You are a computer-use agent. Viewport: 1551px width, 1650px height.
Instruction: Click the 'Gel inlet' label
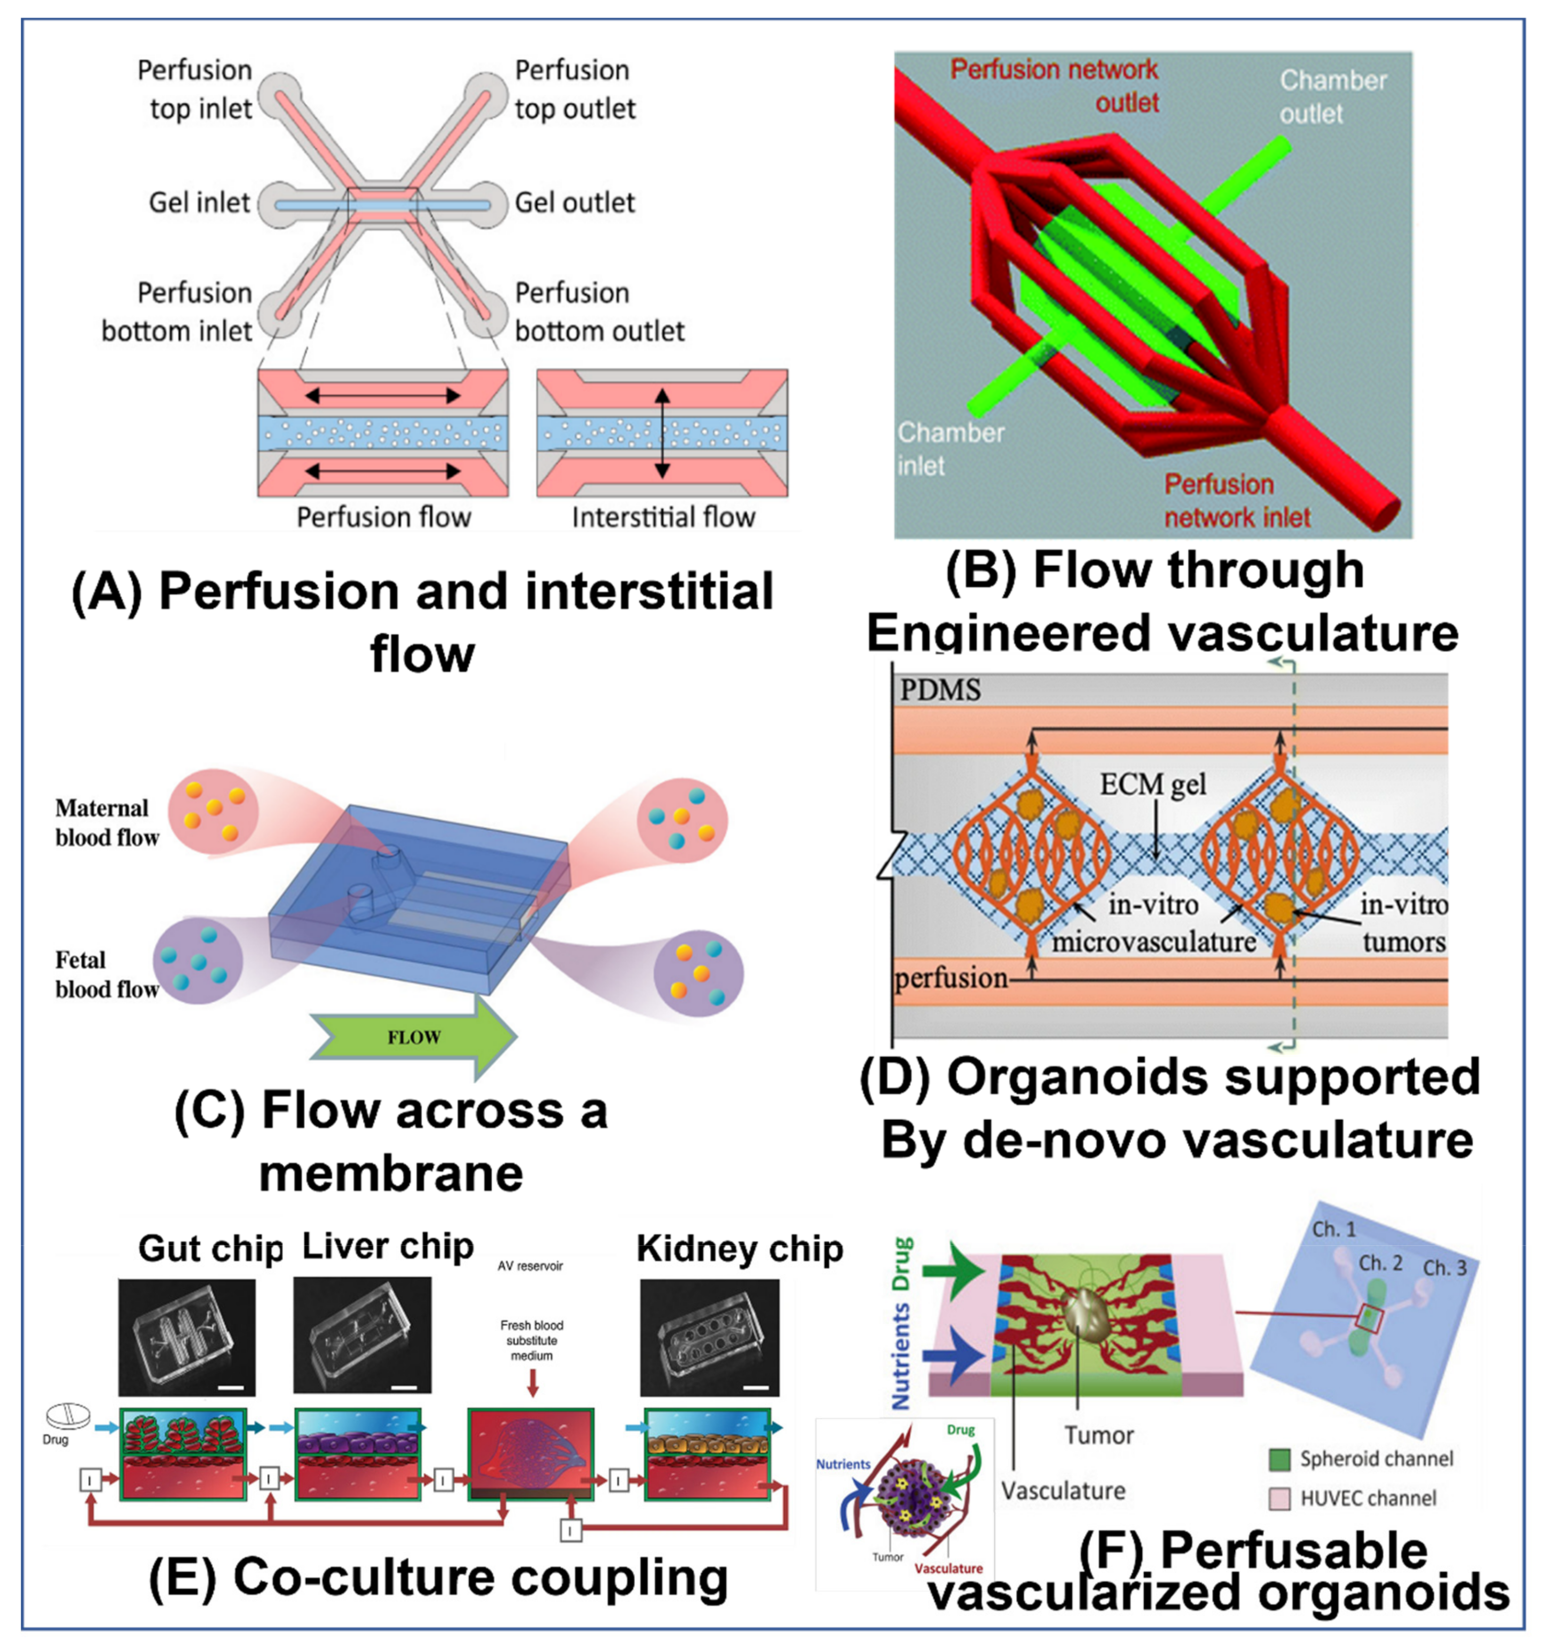coord(199,202)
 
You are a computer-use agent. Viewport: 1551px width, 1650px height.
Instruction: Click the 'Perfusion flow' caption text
coord(383,517)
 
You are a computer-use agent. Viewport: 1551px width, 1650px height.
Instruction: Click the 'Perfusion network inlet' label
coord(1237,500)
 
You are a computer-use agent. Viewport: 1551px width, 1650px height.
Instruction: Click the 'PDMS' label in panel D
coord(940,690)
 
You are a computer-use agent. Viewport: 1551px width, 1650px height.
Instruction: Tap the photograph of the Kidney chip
coord(709,1337)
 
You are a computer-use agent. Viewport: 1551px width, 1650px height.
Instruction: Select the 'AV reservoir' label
coord(530,1266)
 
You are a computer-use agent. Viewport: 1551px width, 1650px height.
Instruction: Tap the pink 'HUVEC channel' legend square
coord(1279,1498)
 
